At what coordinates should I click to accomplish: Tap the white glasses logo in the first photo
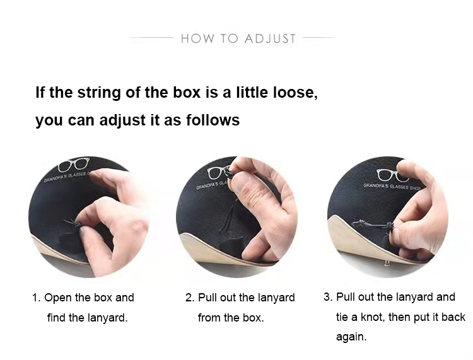tap(73, 166)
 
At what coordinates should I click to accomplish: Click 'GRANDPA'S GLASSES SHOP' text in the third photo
tap(391, 186)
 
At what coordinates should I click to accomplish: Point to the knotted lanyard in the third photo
tap(373, 224)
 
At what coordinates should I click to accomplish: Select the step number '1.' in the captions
tap(37, 298)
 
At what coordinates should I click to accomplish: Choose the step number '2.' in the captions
tap(189, 298)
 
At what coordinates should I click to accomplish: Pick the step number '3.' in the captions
tap(327, 297)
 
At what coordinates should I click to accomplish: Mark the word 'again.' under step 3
tap(351, 337)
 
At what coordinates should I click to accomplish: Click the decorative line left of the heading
tap(152, 38)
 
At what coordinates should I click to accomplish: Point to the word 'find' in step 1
tap(57, 318)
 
